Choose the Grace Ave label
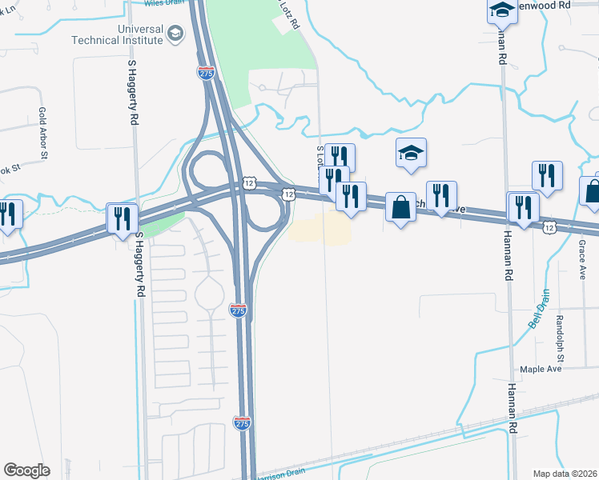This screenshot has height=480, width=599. [582, 261]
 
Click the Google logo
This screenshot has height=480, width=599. [26, 470]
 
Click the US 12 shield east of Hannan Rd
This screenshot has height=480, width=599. [549, 228]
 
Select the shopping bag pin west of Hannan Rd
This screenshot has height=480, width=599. [400, 207]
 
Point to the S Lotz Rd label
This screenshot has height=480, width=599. [320, 158]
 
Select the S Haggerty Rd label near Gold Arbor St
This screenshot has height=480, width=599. [133, 92]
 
